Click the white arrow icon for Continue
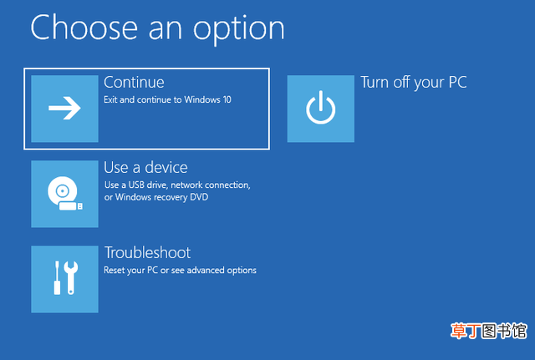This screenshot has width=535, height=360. tap(64, 108)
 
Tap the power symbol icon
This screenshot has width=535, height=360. tap(320, 109)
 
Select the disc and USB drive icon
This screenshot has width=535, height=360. tap(65, 193)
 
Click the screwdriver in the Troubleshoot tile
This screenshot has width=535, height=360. tap(57, 277)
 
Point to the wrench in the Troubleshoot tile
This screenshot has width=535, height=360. tap(71, 277)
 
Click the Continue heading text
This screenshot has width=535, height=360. tap(134, 82)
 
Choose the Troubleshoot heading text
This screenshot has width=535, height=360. tap(147, 252)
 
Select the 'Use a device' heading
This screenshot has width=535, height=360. tap(145, 167)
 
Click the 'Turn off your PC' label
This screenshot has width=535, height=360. tap(414, 83)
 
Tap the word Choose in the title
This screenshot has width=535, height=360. tap(84, 28)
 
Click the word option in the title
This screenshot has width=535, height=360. tap(239, 29)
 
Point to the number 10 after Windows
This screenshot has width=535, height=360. tap(227, 99)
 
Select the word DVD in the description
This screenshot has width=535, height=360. tap(199, 197)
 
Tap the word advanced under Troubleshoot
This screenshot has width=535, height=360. tap(206, 270)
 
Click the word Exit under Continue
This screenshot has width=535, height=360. tap(110, 99)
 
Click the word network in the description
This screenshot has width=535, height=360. tap(186, 185)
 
